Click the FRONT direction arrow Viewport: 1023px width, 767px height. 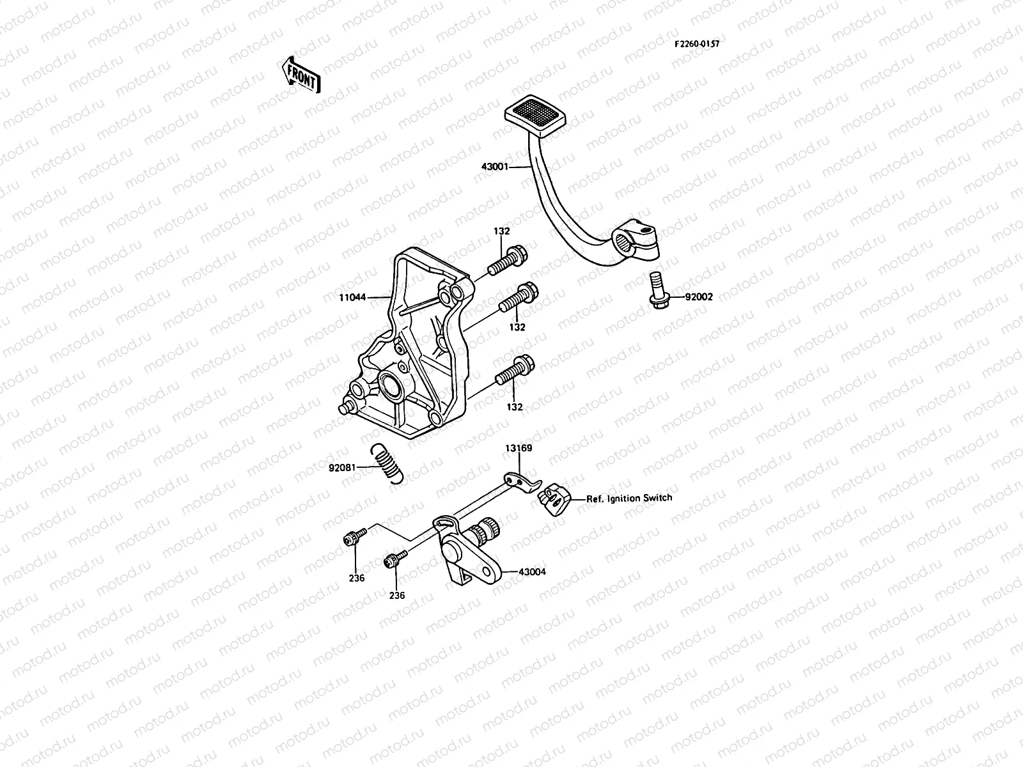(300, 74)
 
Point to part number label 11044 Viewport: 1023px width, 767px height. (353, 297)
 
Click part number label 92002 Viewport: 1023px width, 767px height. (699, 297)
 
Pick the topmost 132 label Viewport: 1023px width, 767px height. (501, 231)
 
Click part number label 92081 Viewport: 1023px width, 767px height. (342, 468)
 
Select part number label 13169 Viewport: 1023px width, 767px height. (519, 448)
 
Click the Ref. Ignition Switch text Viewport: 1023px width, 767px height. (629, 497)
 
